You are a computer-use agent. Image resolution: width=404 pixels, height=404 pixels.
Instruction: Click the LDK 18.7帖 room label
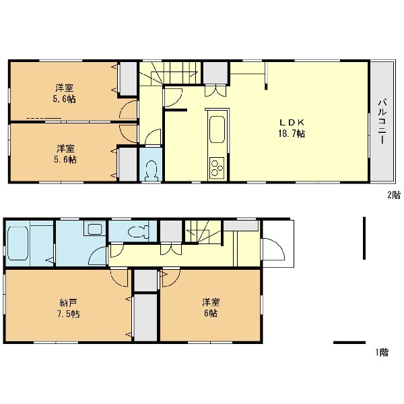pyautogui.click(x=292, y=127)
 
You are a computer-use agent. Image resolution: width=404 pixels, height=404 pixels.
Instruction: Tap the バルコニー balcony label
pyautogui.click(x=382, y=121)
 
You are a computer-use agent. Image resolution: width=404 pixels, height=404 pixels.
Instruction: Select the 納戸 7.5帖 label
pyautogui.click(x=68, y=308)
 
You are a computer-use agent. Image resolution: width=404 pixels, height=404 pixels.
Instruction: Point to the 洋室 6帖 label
pyautogui.click(x=211, y=307)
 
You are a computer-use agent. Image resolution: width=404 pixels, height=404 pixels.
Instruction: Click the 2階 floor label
pyautogui.click(x=394, y=195)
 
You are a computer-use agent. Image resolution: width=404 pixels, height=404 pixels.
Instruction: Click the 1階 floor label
pyautogui.click(x=382, y=352)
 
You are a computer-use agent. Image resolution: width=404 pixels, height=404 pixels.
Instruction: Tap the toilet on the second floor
pyautogui.click(x=151, y=170)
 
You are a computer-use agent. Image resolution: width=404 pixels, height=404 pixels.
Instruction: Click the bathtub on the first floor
pyautogui.click(x=18, y=243)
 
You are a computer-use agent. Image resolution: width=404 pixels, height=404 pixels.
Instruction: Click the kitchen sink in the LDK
pyautogui.click(x=217, y=129)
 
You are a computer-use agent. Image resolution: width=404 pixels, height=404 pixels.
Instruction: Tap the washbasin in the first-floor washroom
pyautogui.click(x=94, y=229)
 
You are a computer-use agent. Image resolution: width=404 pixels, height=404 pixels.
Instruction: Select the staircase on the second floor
pyautogui.click(x=170, y=73)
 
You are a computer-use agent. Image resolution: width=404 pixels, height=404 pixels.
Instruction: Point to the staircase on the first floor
pyautogui.click(x=203, y=232)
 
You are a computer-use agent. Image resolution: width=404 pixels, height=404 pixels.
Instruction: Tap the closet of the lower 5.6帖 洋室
pyautogui.click(x=128, y=165)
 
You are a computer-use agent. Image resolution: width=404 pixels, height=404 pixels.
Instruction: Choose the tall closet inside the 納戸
pyautogui.click(x=145, y=318)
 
